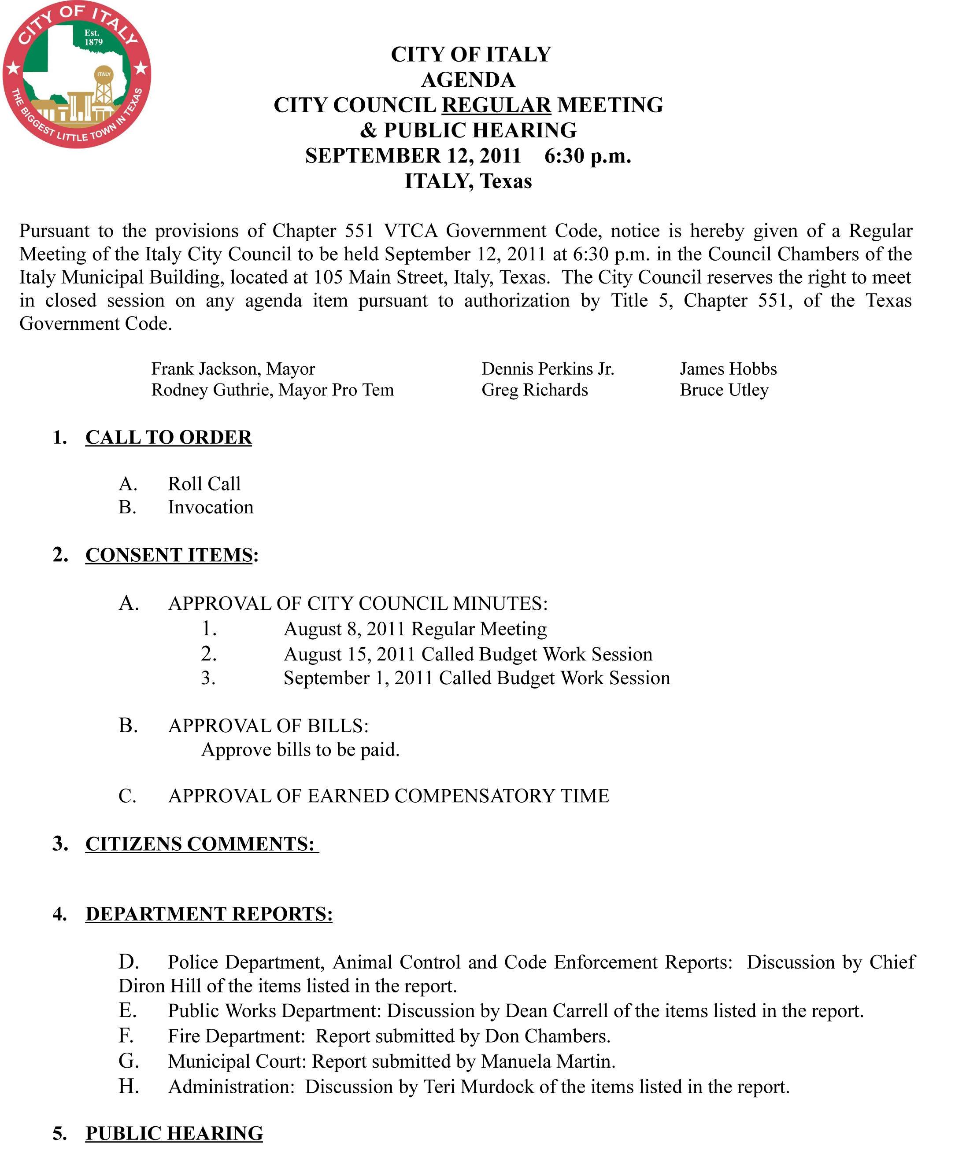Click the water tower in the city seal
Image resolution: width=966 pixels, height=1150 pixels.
(x=104, y=88)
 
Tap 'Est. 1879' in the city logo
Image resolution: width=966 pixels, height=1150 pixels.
(x=93, y=38)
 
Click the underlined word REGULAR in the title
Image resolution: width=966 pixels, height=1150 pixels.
(x=496, y=105)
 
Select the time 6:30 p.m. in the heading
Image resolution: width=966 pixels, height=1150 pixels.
(x=587, y=156)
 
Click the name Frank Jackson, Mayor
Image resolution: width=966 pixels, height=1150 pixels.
(x=233, y=369)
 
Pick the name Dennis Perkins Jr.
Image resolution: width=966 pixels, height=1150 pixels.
(x=548, y=369)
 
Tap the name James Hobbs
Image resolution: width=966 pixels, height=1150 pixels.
(x=728, y=369)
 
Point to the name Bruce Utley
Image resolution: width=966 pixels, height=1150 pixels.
(x=723, y=390)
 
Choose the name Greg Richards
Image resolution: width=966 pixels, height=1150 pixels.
(x=534, y=390)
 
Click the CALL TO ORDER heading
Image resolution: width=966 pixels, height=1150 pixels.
(x=168, y=438)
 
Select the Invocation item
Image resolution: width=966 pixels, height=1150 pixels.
(x=211, y=508)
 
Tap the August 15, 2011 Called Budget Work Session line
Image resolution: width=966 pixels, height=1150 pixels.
(x=467, y=654)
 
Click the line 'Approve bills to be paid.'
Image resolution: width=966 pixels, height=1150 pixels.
(x=300, y=750)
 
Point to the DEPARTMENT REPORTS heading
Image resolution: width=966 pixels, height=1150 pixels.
(x=209, y=914)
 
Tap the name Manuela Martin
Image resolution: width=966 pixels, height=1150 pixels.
(x=548, y=1062)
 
